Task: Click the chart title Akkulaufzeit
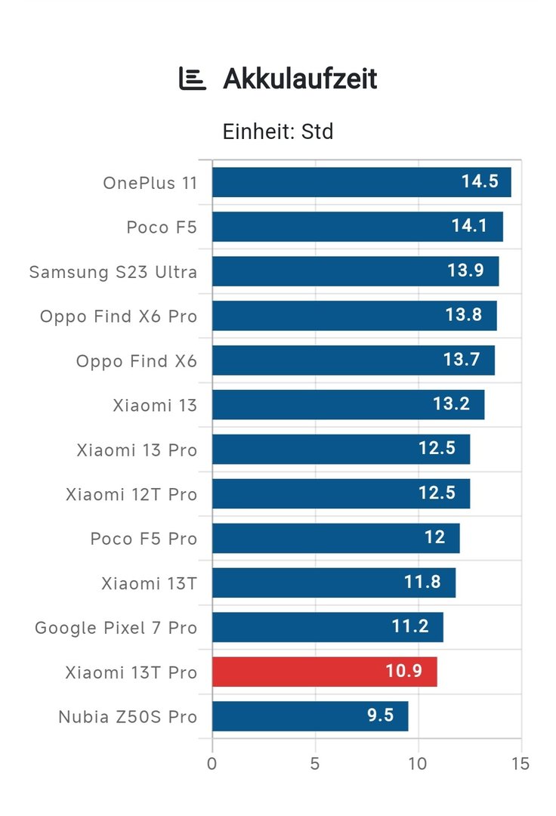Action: point(300,79)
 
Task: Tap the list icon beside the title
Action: point(192,79)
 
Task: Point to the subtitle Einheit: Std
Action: point(278,131)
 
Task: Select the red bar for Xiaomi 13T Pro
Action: point(324,672)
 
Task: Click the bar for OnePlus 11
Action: point(361,182)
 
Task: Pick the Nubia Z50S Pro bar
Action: point(310,716)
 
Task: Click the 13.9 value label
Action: point(465,270)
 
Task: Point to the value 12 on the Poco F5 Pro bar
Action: point(434,538)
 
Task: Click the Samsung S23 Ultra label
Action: point(113,272)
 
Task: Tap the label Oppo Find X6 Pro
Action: point(119,317)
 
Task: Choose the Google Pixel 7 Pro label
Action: point(116,628)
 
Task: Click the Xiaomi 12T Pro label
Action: point(131,495)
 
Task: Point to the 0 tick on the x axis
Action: point(212,763)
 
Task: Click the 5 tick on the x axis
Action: point(315,763)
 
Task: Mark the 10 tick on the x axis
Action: point(418,763)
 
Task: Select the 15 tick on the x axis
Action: point(520,763)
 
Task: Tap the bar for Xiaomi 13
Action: point(347,404)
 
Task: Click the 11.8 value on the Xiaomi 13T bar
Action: point(422,583)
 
